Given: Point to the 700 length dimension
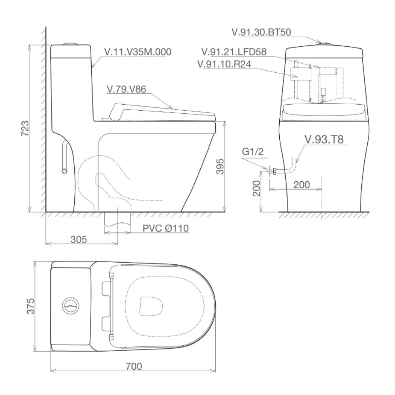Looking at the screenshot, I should click(134, 366).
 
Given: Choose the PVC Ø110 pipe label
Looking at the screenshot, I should click(166, 228).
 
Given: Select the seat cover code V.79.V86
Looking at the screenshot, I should click(126, 89).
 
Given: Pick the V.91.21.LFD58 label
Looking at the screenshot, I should click(234, 52).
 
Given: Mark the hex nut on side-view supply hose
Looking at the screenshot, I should click(64, 171).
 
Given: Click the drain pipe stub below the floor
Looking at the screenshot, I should click(117, 223).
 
